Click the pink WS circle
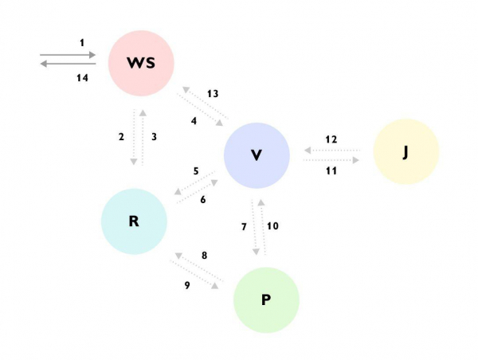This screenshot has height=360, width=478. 140,62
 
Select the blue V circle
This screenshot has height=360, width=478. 257,155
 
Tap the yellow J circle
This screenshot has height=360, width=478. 406,151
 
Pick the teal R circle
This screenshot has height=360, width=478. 134,221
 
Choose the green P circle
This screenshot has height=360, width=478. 266,299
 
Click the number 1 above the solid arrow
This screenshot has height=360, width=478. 81,41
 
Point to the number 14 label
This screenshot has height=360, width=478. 82,77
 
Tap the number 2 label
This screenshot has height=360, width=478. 121,137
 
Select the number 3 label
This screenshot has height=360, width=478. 154,137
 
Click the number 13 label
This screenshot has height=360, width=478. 213,94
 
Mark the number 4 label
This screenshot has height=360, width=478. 194,121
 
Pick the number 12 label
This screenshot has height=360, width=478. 331,139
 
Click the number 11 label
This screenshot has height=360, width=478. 331,170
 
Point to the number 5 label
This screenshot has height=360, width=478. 195,171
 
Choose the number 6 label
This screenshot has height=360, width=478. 203,199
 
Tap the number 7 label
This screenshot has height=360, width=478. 244,227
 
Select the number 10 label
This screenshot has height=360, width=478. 272,226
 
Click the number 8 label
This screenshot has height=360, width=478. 204,256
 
